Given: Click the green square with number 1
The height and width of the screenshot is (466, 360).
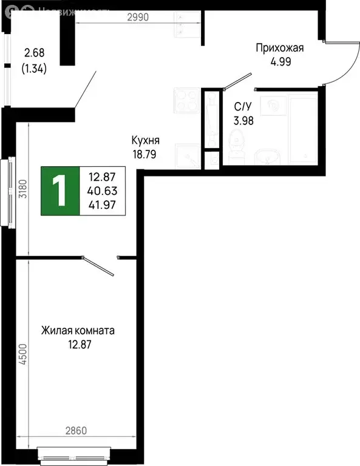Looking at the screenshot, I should (x=60, y=191).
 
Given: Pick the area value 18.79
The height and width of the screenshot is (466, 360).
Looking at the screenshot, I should (x=144, y=154).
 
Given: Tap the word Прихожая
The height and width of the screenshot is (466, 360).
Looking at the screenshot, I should (x=279, y=49).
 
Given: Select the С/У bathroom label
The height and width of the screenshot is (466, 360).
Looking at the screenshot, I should (x=244, y=107).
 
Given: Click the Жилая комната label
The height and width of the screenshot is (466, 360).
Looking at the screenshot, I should (x=78, y=331).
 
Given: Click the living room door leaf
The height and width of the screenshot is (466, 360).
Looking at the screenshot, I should (x=99, y=266).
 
